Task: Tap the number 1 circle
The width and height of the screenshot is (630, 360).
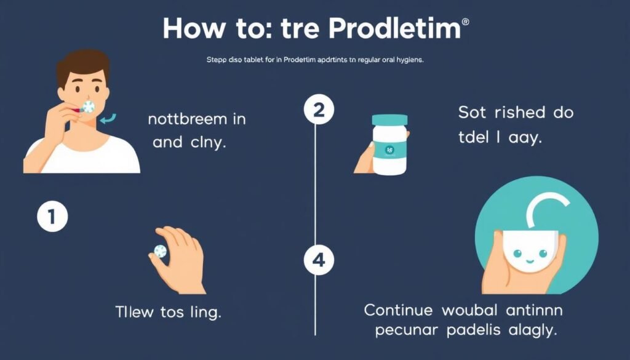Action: (51, 217)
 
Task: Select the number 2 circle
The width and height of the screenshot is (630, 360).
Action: (319, 111)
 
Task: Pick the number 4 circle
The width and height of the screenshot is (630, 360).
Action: (319, 260)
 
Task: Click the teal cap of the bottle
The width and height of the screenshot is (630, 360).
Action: (389, 119)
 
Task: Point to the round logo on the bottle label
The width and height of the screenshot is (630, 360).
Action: (389, 150)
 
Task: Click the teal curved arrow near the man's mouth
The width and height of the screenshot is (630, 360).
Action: (109, 116)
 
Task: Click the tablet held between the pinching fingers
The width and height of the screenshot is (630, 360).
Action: (161, 250)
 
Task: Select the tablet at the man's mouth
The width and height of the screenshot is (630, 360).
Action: (88, 107)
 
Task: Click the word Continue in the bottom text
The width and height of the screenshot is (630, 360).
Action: (401, 309)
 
